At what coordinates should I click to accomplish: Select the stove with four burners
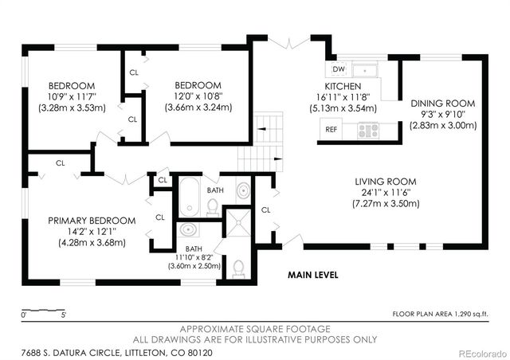pyautogui.click(x=367, y=128)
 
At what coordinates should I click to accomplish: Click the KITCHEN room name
pyautogui.click(x=343, y=86)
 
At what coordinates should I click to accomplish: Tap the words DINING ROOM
pyautogui.click(x=442, y=104)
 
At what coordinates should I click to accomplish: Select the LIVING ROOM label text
pyautogui.click(x=385, y=182)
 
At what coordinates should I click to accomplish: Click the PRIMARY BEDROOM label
pyautogui.click(x=92, y=221)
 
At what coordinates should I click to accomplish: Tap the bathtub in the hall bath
pyautogui.click(x=190, y=197)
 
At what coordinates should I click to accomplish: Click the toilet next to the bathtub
pyautogui.click(x=213, y=206)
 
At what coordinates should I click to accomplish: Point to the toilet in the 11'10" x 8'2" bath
pyautogui.click(x=238, y=268)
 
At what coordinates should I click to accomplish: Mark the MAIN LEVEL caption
pyautogui.click(x=313, y=276)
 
